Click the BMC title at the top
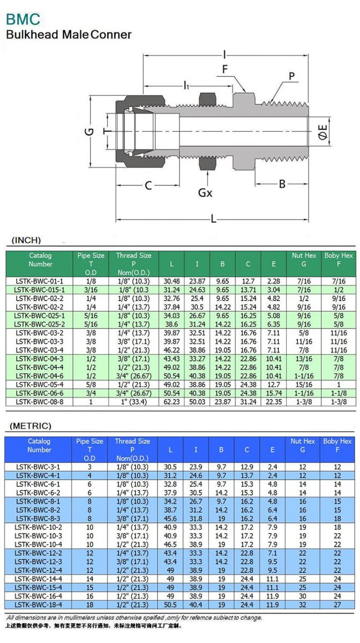point(23,19)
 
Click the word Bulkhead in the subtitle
point(32,35)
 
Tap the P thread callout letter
point(292,77)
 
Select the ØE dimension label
point(322,131)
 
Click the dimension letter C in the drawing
point(148,185)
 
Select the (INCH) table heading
point(26,240)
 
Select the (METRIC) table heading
point(31,426)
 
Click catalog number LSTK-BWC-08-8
point(39,401)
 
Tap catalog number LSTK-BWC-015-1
point(39,289)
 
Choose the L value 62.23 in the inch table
point(171,401)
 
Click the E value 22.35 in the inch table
point(273,401)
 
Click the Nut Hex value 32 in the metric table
point(302,604)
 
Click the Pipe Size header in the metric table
point(89,441)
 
